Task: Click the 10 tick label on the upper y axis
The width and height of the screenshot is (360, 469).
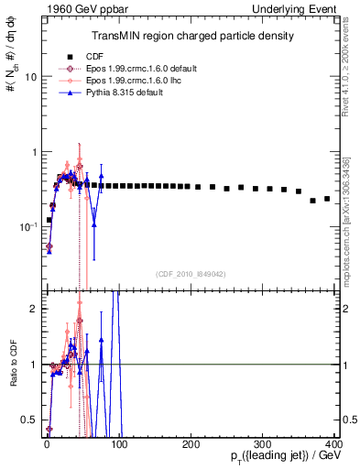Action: tap(30, 77)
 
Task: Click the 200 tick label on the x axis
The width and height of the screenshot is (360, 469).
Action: tap(191, 442)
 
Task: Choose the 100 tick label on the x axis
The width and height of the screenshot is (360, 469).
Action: tap(118, 442)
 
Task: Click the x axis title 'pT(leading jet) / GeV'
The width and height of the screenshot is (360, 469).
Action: tap(285, 456)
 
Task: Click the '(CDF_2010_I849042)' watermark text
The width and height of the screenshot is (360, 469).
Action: tap(191, 273)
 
